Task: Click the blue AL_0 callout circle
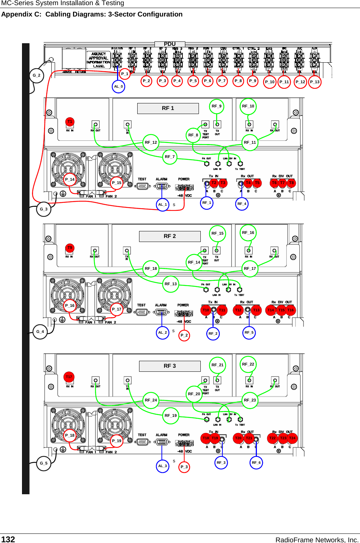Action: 119,87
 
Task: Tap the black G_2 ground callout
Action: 37,76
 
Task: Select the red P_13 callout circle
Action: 314,82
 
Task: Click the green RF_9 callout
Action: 217,106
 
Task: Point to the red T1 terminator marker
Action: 70,122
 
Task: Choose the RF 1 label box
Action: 168,109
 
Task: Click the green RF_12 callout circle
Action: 151,142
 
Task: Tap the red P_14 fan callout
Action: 70,179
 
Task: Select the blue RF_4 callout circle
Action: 241,204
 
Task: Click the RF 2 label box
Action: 170,236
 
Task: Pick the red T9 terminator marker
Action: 70,248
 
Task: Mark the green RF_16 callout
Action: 248,233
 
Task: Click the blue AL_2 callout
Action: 162,333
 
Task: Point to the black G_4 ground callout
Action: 40,332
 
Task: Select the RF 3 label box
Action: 170,366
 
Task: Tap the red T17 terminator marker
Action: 69,377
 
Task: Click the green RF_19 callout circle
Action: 171,415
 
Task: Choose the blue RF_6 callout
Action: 256,463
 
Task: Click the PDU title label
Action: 170,44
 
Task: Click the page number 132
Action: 8,539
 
